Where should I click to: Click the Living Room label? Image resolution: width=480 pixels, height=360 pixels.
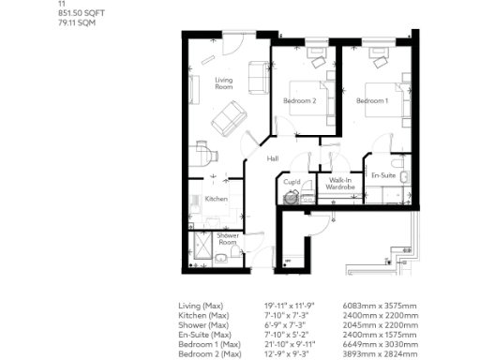(222, 83)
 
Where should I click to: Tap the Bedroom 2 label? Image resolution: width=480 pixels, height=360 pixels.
(300, 100)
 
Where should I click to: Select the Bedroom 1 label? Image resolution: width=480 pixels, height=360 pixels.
(370, 100)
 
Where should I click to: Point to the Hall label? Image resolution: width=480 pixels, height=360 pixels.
(273, 158)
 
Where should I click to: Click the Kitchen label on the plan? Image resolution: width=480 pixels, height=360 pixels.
(217, 199)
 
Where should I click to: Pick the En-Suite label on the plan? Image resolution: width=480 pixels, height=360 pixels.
(382, 175)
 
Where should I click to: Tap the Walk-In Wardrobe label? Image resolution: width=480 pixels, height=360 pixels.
(339, 184)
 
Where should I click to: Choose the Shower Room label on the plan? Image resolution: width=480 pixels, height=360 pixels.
(228, 239)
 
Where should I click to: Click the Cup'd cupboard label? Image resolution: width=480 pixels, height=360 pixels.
(292, 181)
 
